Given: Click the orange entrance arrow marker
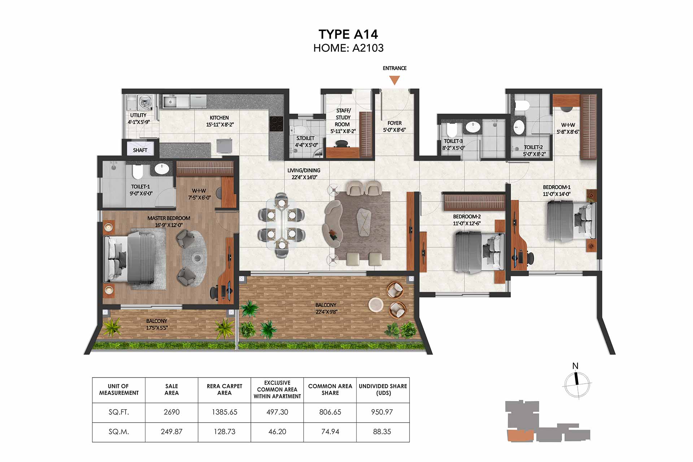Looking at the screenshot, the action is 395,80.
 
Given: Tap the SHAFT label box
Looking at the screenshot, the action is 140,148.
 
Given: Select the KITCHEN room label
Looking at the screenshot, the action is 219,118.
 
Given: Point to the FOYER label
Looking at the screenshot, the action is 395,123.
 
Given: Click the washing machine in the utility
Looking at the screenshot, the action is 145,103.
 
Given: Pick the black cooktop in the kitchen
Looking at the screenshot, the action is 276,124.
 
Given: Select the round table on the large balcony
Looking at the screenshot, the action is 376,304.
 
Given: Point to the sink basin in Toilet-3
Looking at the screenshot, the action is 473,127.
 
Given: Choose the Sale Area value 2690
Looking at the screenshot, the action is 171,412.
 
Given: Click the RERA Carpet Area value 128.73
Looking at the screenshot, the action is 225,431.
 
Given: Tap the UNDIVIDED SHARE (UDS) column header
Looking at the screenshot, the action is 383,389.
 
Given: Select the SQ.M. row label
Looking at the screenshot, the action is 119,431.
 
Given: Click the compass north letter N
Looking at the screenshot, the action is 575,366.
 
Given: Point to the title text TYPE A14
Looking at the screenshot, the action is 348,34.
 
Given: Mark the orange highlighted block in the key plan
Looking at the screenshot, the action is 520,436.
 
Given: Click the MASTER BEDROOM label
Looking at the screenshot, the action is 169,218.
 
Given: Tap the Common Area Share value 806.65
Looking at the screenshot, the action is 330,412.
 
